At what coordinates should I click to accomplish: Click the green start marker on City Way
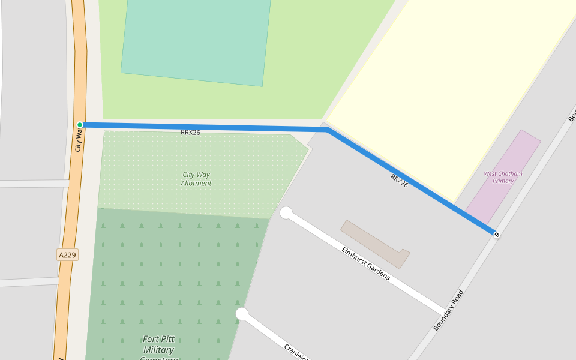80,125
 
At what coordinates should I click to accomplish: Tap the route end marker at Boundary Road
496,234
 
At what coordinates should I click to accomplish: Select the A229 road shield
68,255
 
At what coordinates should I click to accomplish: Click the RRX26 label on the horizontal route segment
190,133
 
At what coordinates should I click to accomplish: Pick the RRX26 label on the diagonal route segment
399,181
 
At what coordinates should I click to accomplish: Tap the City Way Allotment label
196,179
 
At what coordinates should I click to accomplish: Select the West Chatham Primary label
503,177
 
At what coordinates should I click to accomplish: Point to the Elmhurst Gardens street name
365,263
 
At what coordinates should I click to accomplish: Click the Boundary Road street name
448,310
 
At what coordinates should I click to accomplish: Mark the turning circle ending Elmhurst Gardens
286,213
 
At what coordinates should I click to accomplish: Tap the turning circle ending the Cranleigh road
242,314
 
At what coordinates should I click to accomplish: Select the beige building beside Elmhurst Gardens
375,243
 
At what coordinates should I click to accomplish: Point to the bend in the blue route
326,129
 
